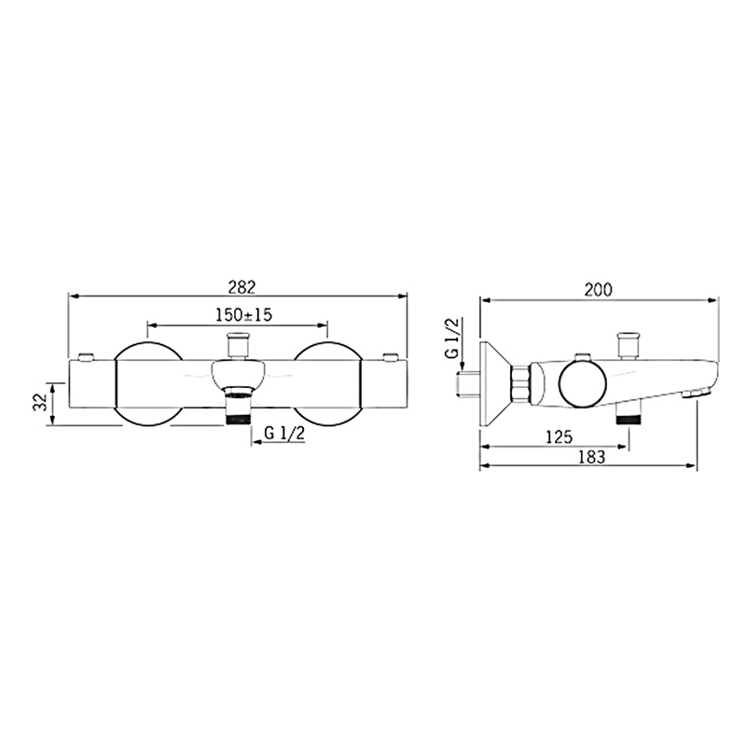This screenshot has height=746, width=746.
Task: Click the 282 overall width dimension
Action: click(x=242, y=287)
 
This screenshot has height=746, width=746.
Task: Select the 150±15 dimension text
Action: click(x=243, y=314)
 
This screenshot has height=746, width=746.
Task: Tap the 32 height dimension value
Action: click(x=39, y=402)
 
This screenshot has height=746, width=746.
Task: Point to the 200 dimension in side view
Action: click(x=599, y=290)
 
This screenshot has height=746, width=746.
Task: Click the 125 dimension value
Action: click(x=559, y=436)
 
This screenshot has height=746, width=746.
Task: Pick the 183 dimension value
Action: click(x=592, y=457)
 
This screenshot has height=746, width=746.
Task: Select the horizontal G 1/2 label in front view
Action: click(x=284, y=433)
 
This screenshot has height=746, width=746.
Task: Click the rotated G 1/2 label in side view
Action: click(x=451, y=338)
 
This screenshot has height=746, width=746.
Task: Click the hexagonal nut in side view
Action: click(x=520, y=383)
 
